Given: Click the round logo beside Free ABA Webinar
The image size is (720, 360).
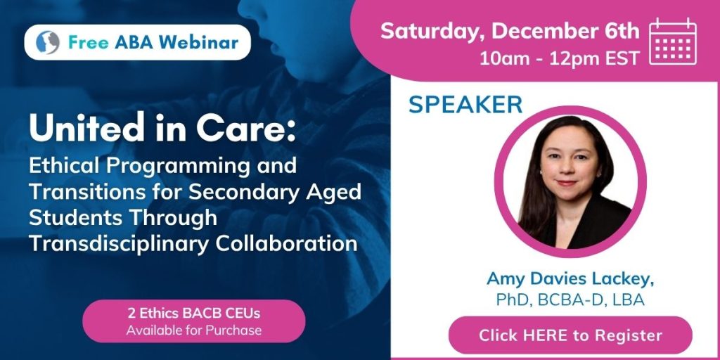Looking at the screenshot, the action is [x=48, y=43].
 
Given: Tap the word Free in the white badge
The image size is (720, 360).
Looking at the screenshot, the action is [x=89, y=42].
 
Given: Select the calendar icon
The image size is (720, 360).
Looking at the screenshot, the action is [x=673, y=41].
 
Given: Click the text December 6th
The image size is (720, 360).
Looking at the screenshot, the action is [x=565, y=31].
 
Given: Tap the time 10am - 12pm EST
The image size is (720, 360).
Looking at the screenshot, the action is [x=560, y=58].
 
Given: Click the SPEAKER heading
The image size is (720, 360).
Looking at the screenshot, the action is [x=465, y=105].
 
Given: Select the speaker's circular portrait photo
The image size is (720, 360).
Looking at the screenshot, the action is [x=570, y=181].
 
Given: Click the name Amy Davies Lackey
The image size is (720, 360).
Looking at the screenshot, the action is [x=570, y=279].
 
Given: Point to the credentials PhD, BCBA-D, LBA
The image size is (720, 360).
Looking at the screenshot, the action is [x=570, y=300].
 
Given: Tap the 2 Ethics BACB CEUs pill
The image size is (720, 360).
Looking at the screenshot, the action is [x=194, y=321].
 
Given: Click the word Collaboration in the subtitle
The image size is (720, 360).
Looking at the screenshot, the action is [x=287, y=244].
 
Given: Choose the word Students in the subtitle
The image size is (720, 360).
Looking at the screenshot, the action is [x=75, y=218].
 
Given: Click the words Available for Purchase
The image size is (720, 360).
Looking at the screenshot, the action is [x=194, y=330].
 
